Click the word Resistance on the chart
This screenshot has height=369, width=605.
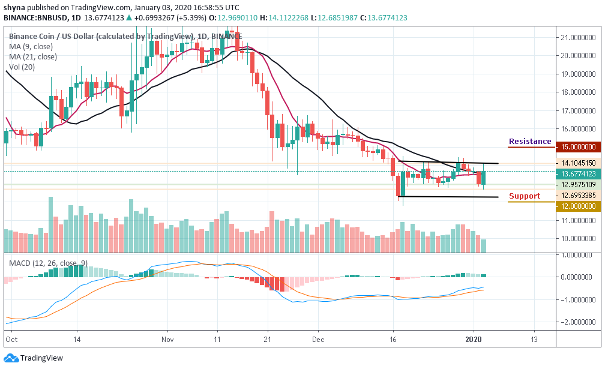click(x=530, y=142)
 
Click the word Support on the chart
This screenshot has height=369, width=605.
click(x=525, y=196)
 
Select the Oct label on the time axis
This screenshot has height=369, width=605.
click(x=11, y=339)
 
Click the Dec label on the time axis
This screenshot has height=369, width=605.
click(x=319, y=339)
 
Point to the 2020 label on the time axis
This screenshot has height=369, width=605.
click(x=475, y=339)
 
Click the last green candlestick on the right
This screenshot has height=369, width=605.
click(x=483, y=178)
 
